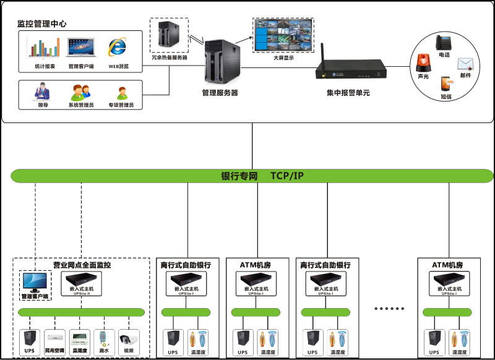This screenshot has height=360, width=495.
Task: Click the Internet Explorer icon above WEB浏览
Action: click(118, 48)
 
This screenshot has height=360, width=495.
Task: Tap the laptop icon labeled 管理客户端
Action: click(80, 48)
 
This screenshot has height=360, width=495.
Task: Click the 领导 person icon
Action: click(43, 93)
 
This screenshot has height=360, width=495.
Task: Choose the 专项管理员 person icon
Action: click(121, 93)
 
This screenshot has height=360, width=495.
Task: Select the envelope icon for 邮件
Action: click(465, 64)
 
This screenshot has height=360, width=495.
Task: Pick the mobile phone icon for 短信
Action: click(445, 84)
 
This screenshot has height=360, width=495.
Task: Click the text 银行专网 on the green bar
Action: click(239, 176)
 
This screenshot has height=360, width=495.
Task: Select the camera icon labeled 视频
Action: click(128, 339)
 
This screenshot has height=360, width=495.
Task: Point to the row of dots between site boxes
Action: click(390, 307)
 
